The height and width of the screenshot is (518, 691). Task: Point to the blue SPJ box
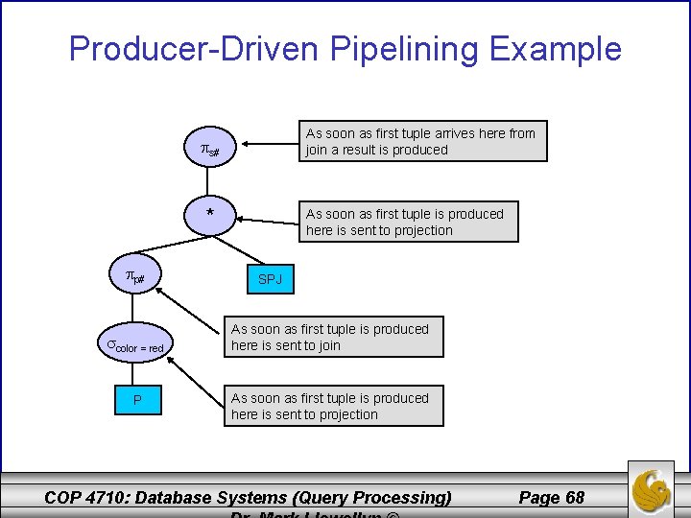[269, 279]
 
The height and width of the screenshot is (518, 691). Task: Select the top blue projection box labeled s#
[210, 150]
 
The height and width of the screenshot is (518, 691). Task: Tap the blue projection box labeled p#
[136, 277]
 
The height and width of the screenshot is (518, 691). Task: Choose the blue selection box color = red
[136, 345]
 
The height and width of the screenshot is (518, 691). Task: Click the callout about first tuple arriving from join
[421, 141]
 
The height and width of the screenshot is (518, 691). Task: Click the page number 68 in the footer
[551, 497]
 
